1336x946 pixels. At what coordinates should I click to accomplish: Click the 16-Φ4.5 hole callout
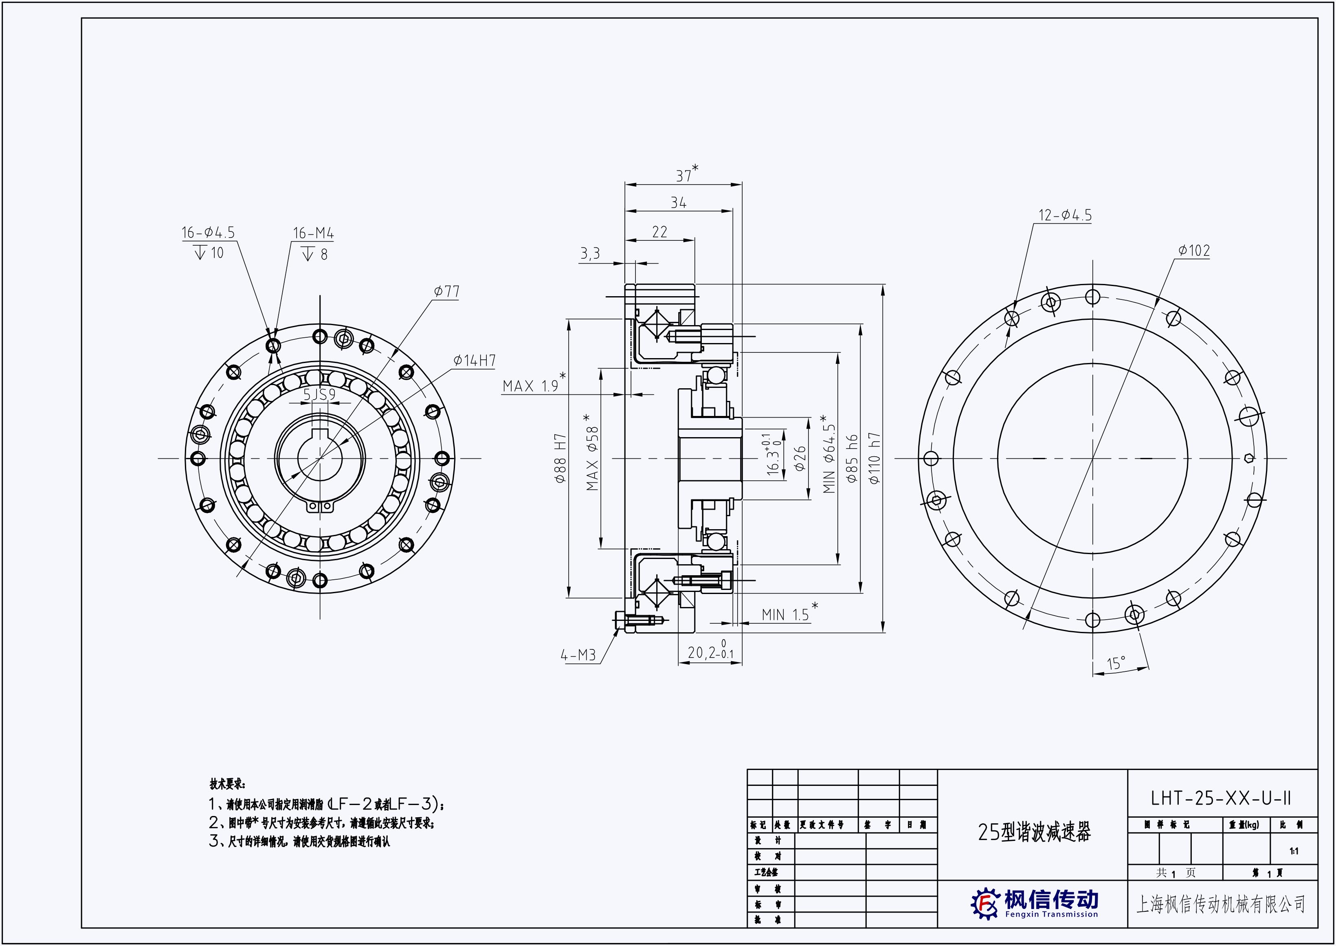208,233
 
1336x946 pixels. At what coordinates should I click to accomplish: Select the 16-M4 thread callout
313,233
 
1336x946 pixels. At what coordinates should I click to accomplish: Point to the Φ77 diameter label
447,291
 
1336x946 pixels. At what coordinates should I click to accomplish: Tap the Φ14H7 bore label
475,361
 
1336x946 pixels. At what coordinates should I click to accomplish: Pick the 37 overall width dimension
685,175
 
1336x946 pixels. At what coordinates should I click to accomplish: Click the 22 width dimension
659,232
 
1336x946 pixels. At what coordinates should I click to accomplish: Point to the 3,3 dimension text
589,254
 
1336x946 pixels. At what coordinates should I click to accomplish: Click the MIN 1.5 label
785,614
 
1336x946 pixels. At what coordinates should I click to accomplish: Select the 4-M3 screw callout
578,656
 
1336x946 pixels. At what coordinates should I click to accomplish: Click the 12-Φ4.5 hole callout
1065,216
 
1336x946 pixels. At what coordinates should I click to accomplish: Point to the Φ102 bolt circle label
1194,251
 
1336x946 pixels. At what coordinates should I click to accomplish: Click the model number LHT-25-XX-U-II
1221,798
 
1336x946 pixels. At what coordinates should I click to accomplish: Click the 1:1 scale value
1294,851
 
